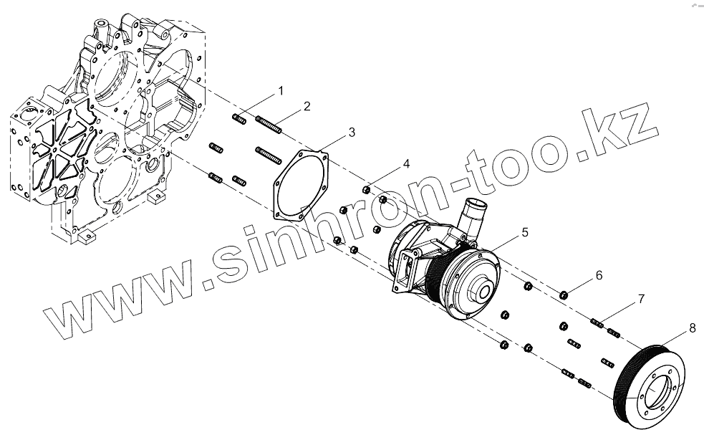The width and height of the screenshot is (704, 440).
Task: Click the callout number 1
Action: pos(281,91)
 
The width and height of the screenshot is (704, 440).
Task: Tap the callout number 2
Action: pos(307,106)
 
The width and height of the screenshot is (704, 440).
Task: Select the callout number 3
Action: pos(352,132)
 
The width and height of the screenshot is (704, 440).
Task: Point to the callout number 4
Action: pos(406,164)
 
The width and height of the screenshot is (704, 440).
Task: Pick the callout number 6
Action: pos(599,275)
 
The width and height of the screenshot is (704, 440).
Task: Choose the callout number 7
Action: pos(642,297)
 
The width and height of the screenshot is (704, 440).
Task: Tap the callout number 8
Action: pos(693,327)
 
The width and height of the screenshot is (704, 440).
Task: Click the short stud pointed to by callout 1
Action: pos(240,119)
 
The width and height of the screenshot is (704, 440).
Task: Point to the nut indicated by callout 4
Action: pos(366,191)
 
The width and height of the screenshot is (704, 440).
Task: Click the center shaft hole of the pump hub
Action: pos(482,292)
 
